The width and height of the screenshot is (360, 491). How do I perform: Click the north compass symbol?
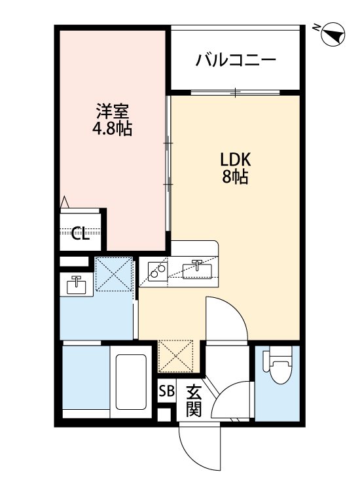[333, 34]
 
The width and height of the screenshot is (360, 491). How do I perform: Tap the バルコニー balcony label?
[236, 60]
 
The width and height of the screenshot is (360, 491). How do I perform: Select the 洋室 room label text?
[112, 111]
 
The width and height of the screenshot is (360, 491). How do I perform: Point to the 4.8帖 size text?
[112, 128]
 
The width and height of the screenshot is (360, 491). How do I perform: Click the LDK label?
[236, 160]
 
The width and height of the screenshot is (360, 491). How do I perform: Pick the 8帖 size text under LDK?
[236, 177]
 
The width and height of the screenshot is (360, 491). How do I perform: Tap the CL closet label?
[80, 233]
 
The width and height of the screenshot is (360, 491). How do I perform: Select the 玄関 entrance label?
[194, 401]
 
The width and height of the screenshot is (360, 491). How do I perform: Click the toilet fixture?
[278, 364]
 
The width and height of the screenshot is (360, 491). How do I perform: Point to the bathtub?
[131, 382]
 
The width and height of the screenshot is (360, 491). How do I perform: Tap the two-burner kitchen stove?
[158, 271]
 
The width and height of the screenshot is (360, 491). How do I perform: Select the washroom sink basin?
[76, 285]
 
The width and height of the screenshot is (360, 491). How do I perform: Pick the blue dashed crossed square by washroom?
[113, 274]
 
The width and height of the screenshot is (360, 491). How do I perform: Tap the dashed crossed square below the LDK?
[176, 355]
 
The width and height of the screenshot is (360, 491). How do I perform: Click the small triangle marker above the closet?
[65, 202]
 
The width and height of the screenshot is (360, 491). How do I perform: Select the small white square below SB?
[164, 414]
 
